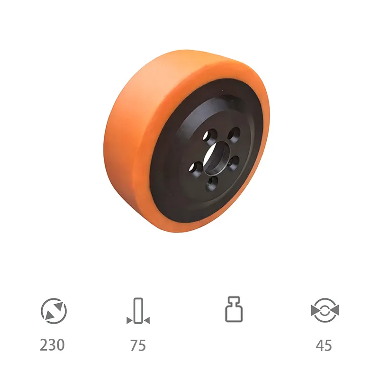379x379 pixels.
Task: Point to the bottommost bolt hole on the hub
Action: click(x=212, y=183)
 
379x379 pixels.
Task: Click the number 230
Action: click(x=52, y=345)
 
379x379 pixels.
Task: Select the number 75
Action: click(x=138, y=345)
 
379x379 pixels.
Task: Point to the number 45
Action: click(x=324, y=345)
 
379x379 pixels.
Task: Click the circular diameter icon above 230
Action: click(x=54, y=311)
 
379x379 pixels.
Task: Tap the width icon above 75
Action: click(x=138, y=311)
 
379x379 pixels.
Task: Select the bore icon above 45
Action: click(x=325, y=311)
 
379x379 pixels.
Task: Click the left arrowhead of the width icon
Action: click(x=129, y=321)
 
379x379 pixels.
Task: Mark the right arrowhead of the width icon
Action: click(x=147, y=321)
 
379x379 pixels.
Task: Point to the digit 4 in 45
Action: click(x=320, y=345)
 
